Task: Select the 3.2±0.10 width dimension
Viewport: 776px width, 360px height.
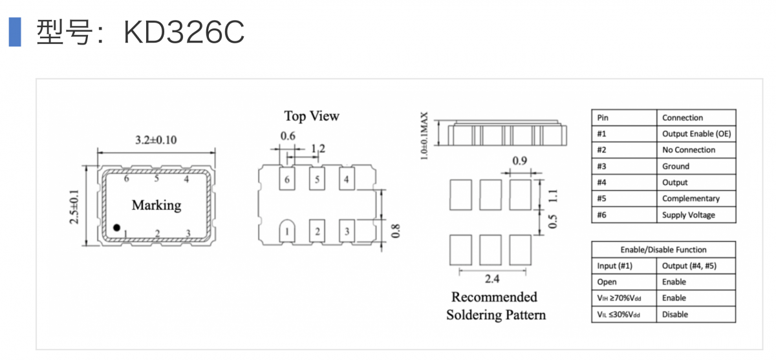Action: click(x=156, y=140)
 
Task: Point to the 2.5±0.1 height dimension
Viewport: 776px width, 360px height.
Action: click(x=74, y=206)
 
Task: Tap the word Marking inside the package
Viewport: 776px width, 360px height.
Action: click(x=156, y=206)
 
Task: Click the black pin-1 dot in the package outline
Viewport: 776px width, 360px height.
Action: click(x=116, y=228)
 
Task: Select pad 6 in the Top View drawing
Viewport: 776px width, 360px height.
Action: click(x=286, y=179)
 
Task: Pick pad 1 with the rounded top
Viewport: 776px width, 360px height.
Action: click(x=286, y=231)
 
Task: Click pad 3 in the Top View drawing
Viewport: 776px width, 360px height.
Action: click(x=347, y=231)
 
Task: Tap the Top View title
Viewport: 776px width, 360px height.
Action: click(x=311, y=116)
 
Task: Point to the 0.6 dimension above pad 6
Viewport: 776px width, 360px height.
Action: click(x=288, y=136)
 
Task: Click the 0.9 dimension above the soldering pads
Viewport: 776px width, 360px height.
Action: click(x=519, y=160)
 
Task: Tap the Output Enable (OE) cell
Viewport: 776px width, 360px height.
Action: click(x=696, y=134)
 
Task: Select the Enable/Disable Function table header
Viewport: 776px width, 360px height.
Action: click(x=663, y=249)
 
